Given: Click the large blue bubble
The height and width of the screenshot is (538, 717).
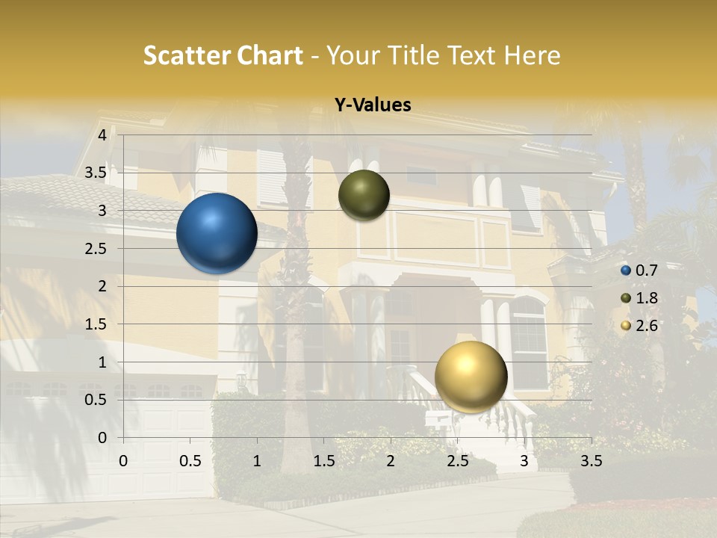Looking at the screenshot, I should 217,233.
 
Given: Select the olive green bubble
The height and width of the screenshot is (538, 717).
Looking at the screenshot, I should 364,195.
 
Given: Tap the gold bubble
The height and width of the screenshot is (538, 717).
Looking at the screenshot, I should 471,377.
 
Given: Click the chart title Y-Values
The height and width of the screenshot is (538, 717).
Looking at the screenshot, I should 373,105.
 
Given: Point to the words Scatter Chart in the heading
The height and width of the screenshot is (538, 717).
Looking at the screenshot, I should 223,55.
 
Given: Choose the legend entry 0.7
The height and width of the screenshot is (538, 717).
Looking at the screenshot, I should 646,270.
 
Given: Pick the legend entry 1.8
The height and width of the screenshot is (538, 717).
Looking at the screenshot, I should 646,298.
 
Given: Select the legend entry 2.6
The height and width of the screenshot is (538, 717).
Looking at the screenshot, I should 646,326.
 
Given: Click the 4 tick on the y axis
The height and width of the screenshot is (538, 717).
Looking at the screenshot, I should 102,135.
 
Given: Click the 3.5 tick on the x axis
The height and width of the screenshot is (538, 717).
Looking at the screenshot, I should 591,461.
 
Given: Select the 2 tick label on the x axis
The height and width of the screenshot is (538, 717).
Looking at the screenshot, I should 391,461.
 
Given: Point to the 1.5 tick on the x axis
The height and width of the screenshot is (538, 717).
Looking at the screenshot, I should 324,461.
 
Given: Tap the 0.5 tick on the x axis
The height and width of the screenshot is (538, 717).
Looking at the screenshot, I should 190,461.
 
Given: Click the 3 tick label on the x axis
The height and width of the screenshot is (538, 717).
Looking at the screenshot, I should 524,461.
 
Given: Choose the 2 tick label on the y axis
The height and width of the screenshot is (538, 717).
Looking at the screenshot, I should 102,286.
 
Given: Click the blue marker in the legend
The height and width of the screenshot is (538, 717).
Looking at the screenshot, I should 626,270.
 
